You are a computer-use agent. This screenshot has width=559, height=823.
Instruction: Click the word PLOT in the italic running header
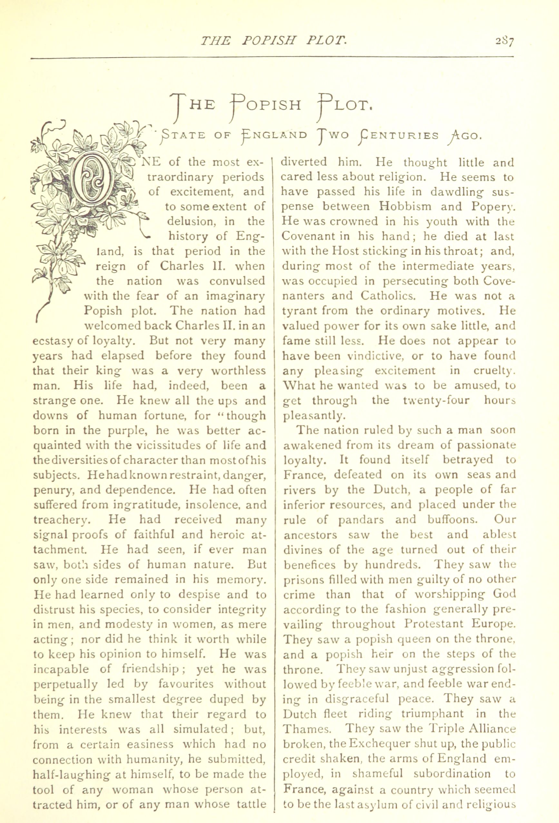(x=322, y=42)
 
